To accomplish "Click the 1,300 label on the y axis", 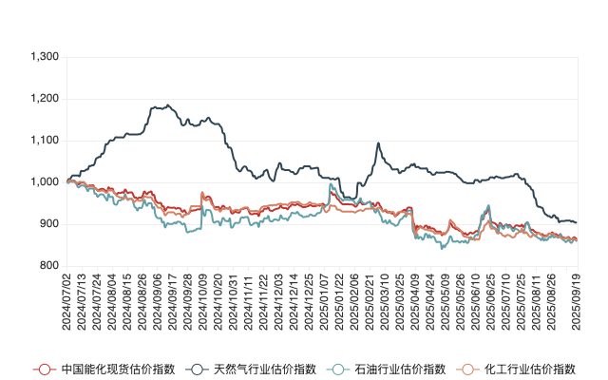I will [x=46, y=57].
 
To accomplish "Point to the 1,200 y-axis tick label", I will [x=46, y=99].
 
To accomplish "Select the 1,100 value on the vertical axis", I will [x=46, y=141].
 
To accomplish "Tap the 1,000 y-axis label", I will [x=46, y=182].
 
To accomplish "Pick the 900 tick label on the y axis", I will [x=49, y=224].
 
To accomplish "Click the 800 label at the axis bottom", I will [x=49, y=266].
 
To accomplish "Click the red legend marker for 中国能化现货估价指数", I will [x=42, y=369].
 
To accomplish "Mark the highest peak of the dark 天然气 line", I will [x=168, y=105].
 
